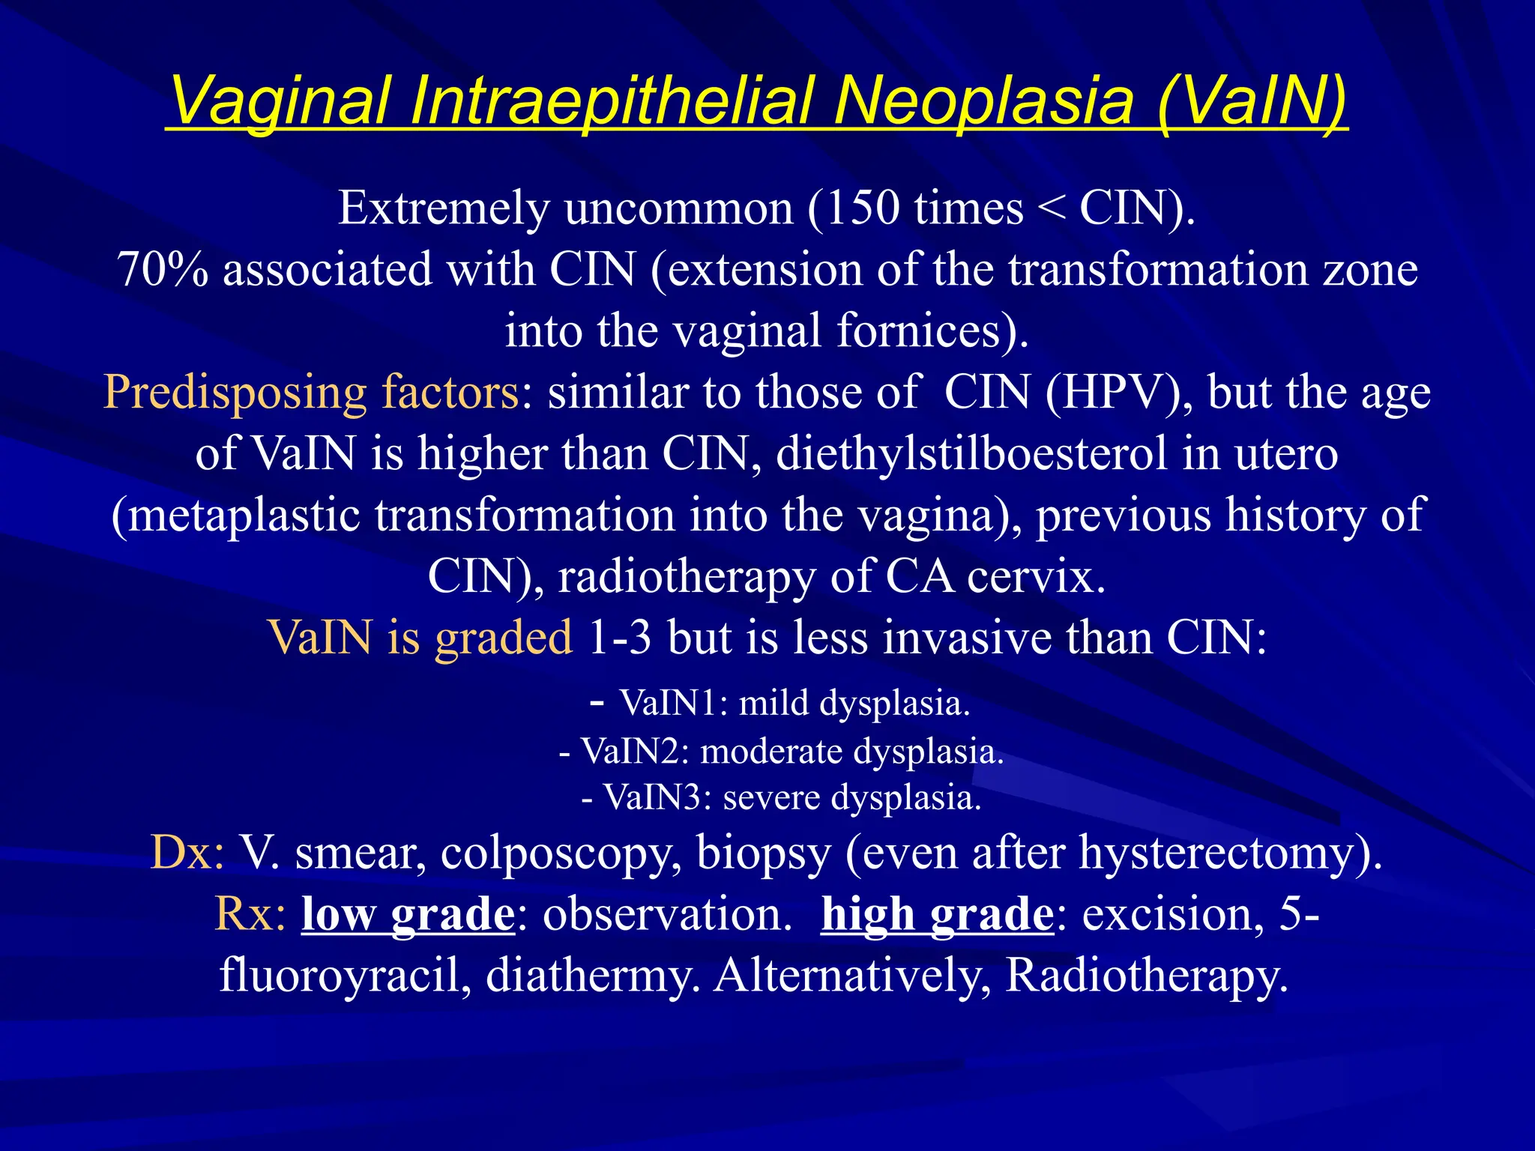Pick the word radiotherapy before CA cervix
pos(687,577)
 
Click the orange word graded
pos(503,638)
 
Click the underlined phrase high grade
pos(937,914)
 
